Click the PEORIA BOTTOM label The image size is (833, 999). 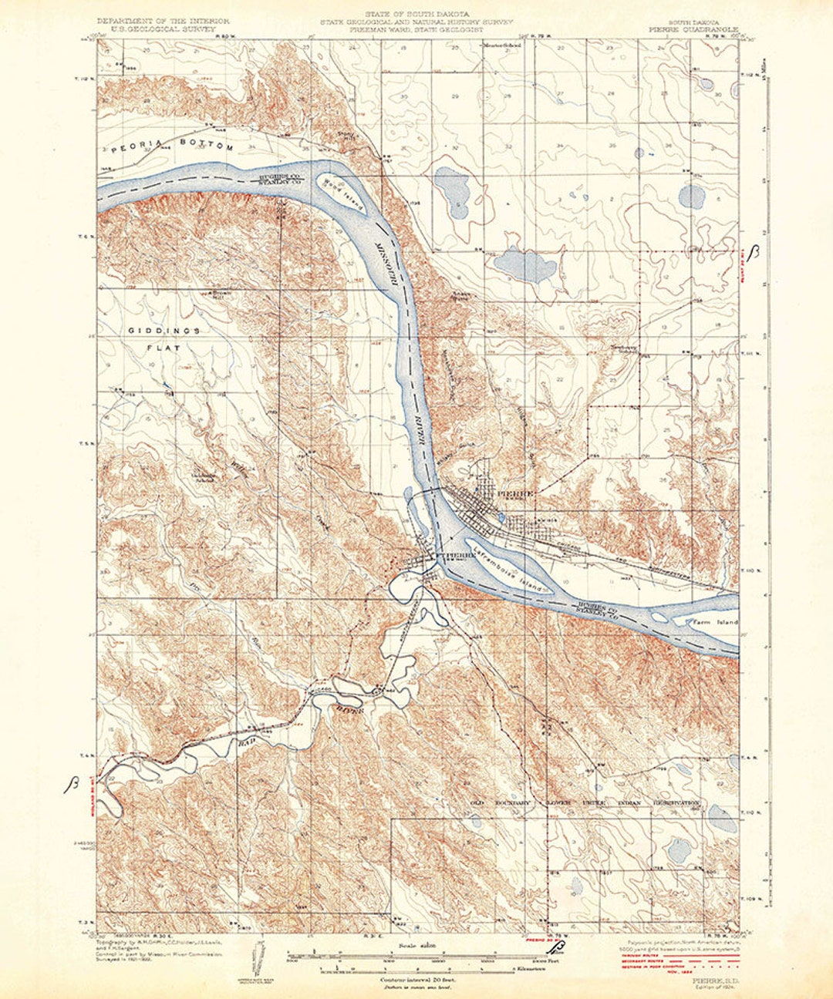pyautogui.click(x=171, y=146)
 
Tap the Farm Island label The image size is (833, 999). pyautogui.click(x=717, y=621)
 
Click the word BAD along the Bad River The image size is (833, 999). pyautogui.click(x=247, y=742)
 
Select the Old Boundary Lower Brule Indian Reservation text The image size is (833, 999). pyautogui.click(x=586, y=803)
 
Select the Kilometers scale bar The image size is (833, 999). pyautogui.click(x=432, y=967)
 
